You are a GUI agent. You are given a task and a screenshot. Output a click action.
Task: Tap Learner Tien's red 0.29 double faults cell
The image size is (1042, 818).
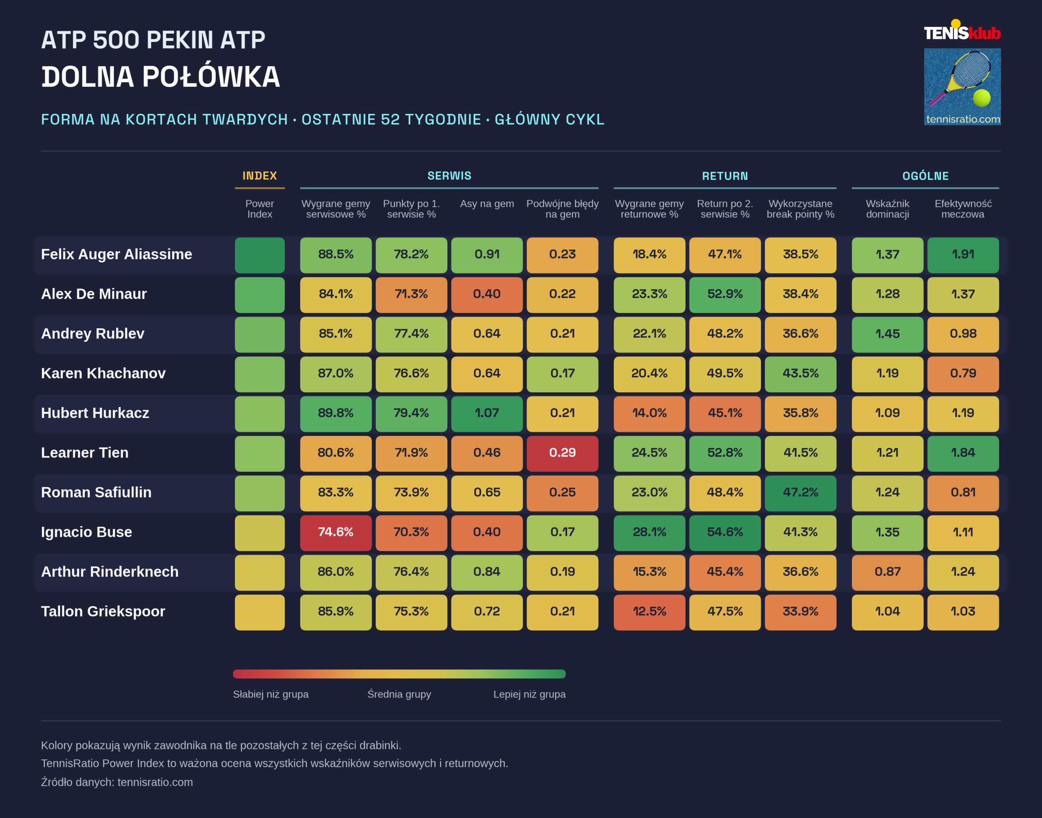(x=562, y=453)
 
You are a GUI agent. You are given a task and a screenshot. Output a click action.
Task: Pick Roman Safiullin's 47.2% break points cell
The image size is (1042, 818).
(x=800, y=493)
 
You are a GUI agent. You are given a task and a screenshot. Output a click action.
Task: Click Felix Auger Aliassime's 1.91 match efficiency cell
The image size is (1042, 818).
(x=963, y=255)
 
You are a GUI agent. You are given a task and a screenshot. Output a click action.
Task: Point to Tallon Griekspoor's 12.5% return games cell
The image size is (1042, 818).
(x=649, y=612)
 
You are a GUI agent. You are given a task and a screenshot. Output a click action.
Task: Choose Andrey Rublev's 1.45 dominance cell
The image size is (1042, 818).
(x=887, y=334)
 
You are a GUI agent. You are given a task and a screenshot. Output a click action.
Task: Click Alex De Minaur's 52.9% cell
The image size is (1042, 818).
(x=725, y=295)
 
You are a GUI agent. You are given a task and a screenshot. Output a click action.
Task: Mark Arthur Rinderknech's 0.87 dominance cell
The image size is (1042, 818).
(x=887, y=572)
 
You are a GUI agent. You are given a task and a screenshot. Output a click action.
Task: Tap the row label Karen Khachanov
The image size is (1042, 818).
(x=103, y=373)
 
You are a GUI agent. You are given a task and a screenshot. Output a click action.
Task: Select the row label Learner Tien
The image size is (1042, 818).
(x=85, y=453)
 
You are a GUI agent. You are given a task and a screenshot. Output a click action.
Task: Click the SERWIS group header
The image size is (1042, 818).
(x=449, y=176)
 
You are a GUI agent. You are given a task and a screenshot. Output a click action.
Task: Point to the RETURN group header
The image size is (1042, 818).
(x=725, y=176)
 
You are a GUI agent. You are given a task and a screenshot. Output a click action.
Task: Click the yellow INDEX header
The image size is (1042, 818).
(x=260, y=176)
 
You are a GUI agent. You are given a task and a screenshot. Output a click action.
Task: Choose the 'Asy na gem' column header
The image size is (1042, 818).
(x=487, y=203)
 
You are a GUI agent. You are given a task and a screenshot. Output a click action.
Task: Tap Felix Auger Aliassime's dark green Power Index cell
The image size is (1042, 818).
(x=260, y=255)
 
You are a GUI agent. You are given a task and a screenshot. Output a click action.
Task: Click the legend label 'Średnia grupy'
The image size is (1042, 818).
(x=399, y=694)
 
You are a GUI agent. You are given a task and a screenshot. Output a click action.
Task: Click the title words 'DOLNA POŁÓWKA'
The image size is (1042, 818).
(x=160, y=77)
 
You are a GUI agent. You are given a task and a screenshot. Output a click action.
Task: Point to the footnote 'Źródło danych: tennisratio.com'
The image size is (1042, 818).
(x=117, y=782)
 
